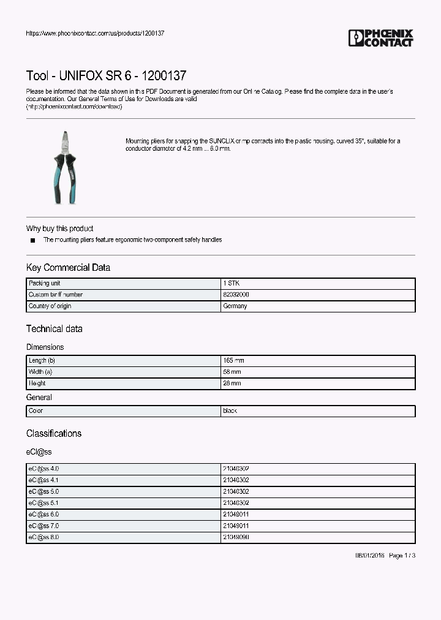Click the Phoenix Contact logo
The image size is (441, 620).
click(x=380, y=38)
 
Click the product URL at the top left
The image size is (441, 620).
click(x=95, y=33)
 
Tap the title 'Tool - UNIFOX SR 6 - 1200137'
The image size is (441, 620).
click(x=106, y=76)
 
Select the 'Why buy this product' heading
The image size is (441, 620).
click(x=59, y=229)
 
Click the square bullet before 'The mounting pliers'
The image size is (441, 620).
click(x=32, y=241)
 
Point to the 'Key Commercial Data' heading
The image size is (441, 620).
click(x=68, y=268)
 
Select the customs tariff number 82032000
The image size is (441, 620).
click(x=236, y=295)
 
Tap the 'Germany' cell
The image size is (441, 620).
click(x=235, y=306)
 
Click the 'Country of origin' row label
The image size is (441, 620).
click(x=50, y=306)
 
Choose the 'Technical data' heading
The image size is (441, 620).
click(x=54, y=329)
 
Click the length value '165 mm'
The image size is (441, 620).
click(x=233, y=361)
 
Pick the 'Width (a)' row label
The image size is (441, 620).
click(x=40, y=372)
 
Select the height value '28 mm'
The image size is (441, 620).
click(x=232, y=383)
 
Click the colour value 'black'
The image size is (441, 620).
click(x=230, y=411)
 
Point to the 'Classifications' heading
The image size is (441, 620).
click(x=54, y=434)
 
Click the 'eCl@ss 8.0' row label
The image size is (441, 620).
click(x=43, y=537)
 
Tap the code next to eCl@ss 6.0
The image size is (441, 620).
click(x=236, y=515)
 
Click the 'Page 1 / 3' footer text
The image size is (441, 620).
click(x=402, y=556)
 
